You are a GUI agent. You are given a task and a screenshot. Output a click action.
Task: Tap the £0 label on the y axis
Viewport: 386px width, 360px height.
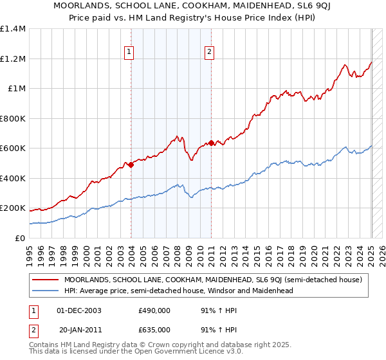(19, 238)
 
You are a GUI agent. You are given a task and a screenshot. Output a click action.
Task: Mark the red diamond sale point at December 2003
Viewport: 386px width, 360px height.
(131, 165)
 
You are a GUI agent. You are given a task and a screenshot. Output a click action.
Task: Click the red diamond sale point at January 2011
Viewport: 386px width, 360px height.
(211, 143)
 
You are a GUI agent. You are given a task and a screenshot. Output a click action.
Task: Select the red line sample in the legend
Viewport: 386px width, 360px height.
(45, 280)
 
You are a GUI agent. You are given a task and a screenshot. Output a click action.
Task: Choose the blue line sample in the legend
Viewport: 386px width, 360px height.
(45, 291)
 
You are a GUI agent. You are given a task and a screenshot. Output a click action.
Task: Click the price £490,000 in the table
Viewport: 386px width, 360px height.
(154, 310)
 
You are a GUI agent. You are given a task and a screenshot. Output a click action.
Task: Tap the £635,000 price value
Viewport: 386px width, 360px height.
(154, 330)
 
